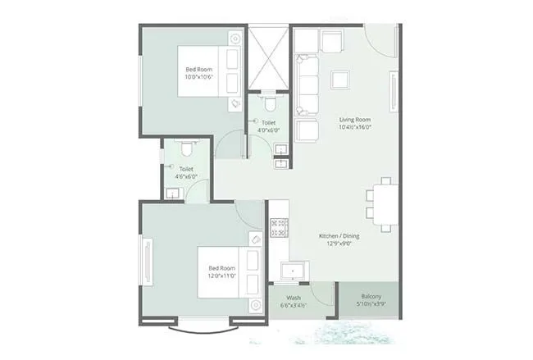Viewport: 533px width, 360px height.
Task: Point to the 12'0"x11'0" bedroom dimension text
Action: pyautogui.click(x=222, y=276)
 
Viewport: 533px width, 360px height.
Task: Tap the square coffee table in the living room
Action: pyautogui.click(x=339, y=80)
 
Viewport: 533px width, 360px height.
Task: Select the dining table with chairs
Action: pyautogui.click(x=382, y=202)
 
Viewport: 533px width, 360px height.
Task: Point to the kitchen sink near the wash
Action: pyautogui.click(x=291, y=271)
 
